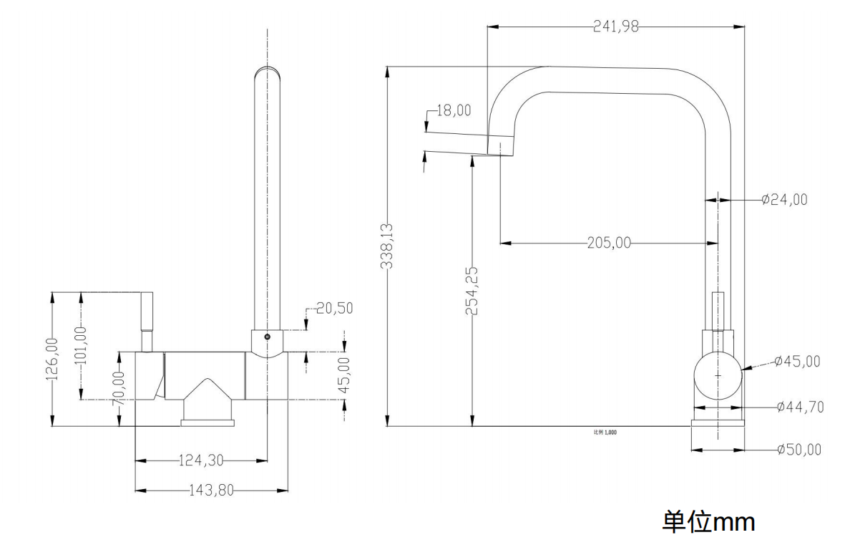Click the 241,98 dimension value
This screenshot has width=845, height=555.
coord(616,28)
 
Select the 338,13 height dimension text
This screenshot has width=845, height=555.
coord(387,246)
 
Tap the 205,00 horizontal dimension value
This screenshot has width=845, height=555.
coord(609,243)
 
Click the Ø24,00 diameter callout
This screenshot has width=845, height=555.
coord(784,200)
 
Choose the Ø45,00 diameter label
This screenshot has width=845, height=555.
coord(797,362)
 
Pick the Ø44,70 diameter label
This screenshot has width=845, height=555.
coord(800,407)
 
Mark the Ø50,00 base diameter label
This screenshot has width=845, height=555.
coord(798,450)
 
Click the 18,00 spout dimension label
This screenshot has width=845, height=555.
coord(454,110)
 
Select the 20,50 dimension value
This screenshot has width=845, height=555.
coord(334,308)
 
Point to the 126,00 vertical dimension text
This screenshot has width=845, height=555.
coord(52,359)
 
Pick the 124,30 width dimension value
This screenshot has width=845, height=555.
coord(201,459)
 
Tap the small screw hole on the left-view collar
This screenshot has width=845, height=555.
coord(267,337)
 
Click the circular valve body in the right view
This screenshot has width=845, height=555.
coord(718,376)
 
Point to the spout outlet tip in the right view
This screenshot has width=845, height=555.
coord(500,147)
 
